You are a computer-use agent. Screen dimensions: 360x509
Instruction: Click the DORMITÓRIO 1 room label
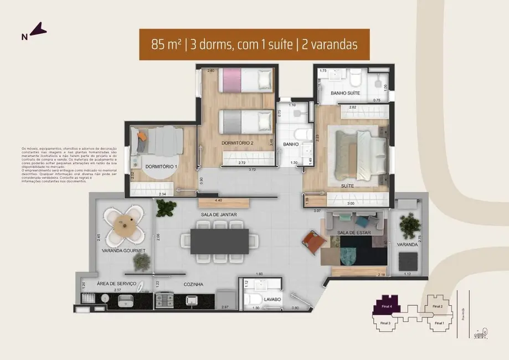(161, 166)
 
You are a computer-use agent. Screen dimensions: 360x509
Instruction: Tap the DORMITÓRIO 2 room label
(237, 143)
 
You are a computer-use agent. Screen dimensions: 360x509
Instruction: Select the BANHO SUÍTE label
(346, 93)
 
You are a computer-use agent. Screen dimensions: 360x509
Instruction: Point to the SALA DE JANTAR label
(217, 214)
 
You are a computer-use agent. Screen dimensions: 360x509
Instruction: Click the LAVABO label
(273, 300)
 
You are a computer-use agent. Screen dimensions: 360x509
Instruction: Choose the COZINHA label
(193, 284)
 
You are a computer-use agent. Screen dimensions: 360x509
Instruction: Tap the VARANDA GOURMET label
(123, 251)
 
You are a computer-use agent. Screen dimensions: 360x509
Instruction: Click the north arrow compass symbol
(37, 30)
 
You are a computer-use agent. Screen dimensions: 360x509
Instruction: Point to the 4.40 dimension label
(218, 200)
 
